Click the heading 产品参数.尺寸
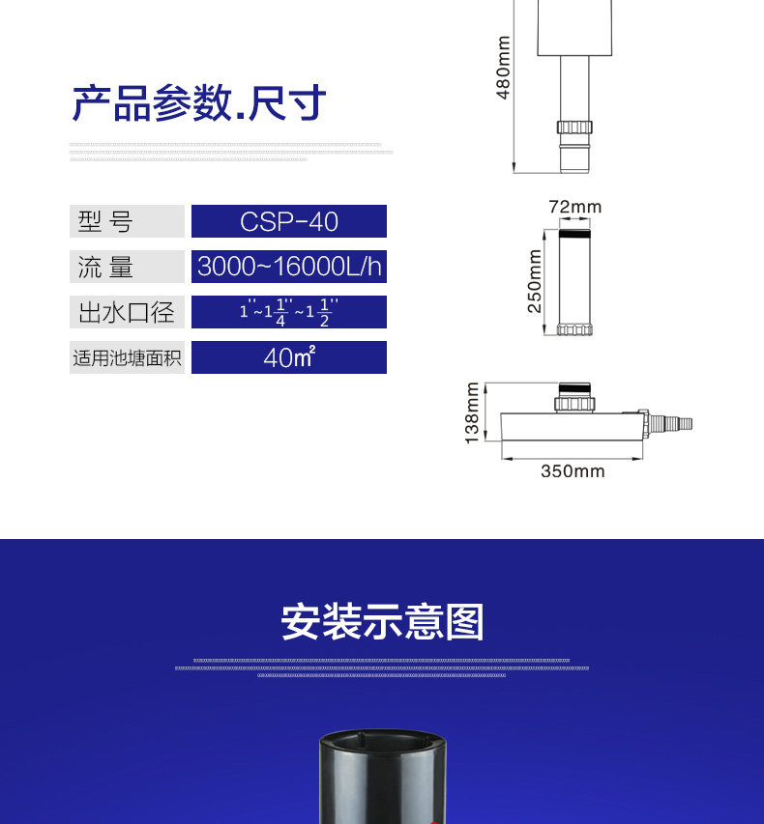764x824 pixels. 199,103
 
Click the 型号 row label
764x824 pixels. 126,221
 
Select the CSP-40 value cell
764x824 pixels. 289,221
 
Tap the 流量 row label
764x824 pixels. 126,267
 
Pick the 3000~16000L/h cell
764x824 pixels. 289,267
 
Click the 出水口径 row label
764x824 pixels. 126,312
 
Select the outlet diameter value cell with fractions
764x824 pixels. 289,312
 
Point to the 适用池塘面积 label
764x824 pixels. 126,357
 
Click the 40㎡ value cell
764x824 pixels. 289,357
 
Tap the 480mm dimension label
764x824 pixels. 503,68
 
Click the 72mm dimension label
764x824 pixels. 574,207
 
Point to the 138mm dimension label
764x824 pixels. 472,413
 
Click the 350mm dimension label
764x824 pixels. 572,471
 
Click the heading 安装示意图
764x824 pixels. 382,622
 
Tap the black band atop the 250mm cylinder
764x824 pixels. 574,233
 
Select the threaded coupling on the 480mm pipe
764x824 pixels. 574,127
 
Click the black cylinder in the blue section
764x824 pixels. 383,778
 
